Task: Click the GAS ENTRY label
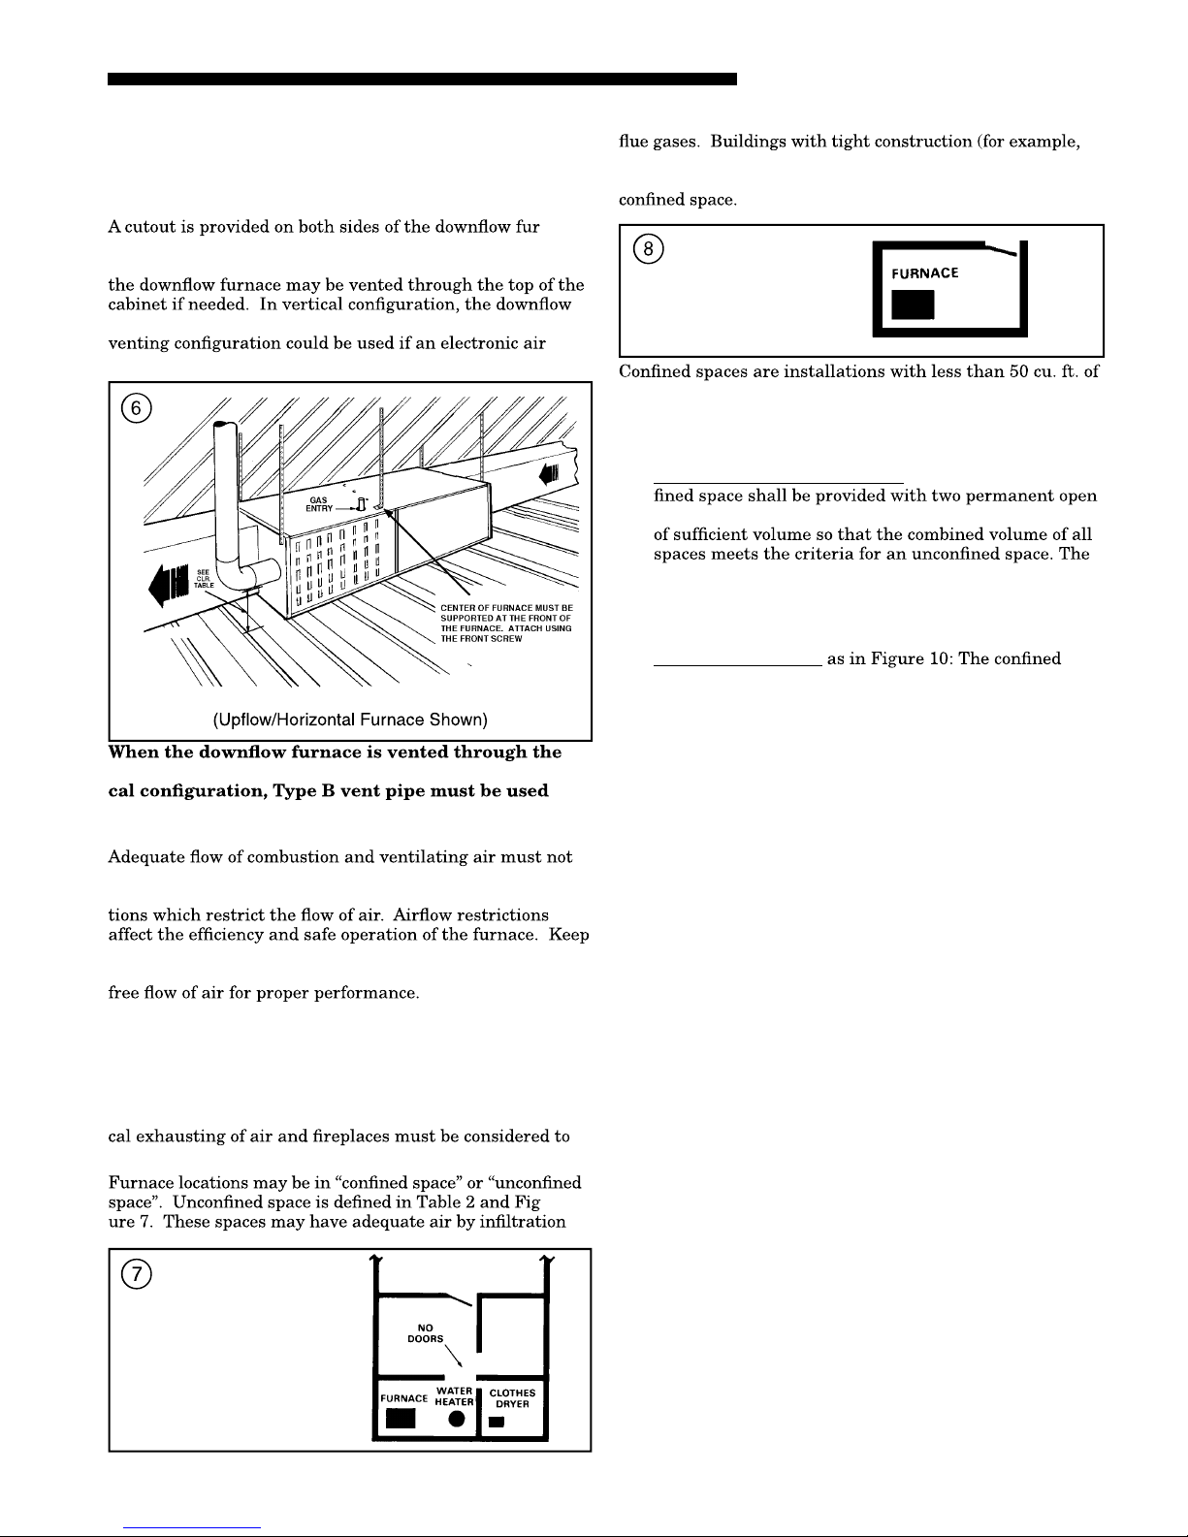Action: [x=319, y=504]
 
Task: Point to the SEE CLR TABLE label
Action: [x=206, y=579]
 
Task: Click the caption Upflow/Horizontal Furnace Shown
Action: [x=350, y=720]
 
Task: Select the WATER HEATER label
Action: [x=454, y=1396]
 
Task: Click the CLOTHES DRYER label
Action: [x=512, y=1398]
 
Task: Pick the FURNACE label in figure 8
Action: [x=925, y=273]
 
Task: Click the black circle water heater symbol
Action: [x=454, y=1421]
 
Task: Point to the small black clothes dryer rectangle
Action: [x=497, y=1423]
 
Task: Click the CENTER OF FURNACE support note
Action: [x=506, y=624]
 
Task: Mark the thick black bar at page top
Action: [x=422, y=79]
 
